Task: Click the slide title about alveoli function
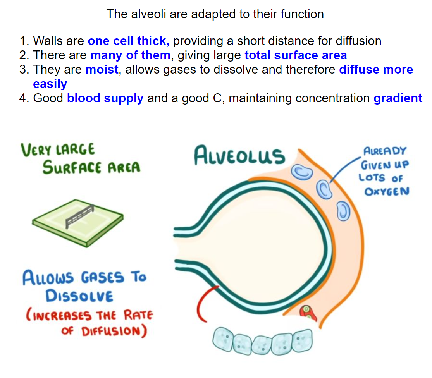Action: tap(215, 14)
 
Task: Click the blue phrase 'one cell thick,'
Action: tap(128, 41)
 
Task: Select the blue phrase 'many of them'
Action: tap(130, 55)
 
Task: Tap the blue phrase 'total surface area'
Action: tap(296, 55)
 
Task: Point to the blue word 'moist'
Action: tap(102, 70)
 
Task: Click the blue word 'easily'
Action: tap(50, 84)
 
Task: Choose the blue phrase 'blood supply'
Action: tap(105, 98)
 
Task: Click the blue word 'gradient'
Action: tap(398, 98)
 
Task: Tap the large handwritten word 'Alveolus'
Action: tap(239, 155)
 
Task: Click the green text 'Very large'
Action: tap(58, 149)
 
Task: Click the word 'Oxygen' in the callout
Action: tap(386, 191)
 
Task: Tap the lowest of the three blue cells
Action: tap(343, 211)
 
